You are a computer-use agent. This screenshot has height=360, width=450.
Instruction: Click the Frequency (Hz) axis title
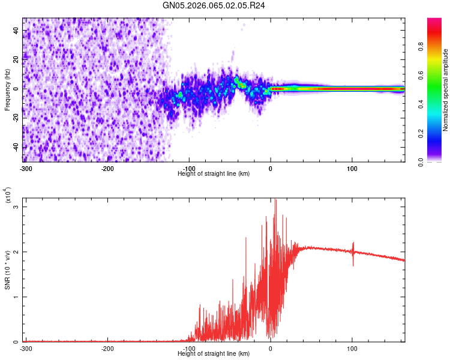click(7, 90)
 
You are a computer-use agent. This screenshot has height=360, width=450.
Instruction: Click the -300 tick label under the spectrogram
click(25, 169)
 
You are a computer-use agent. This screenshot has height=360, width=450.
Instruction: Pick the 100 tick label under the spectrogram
click(352, 169)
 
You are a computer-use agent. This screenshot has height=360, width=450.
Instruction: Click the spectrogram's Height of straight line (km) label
click(214, 173)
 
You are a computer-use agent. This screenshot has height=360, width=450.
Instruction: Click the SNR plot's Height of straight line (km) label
click(214, 353)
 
